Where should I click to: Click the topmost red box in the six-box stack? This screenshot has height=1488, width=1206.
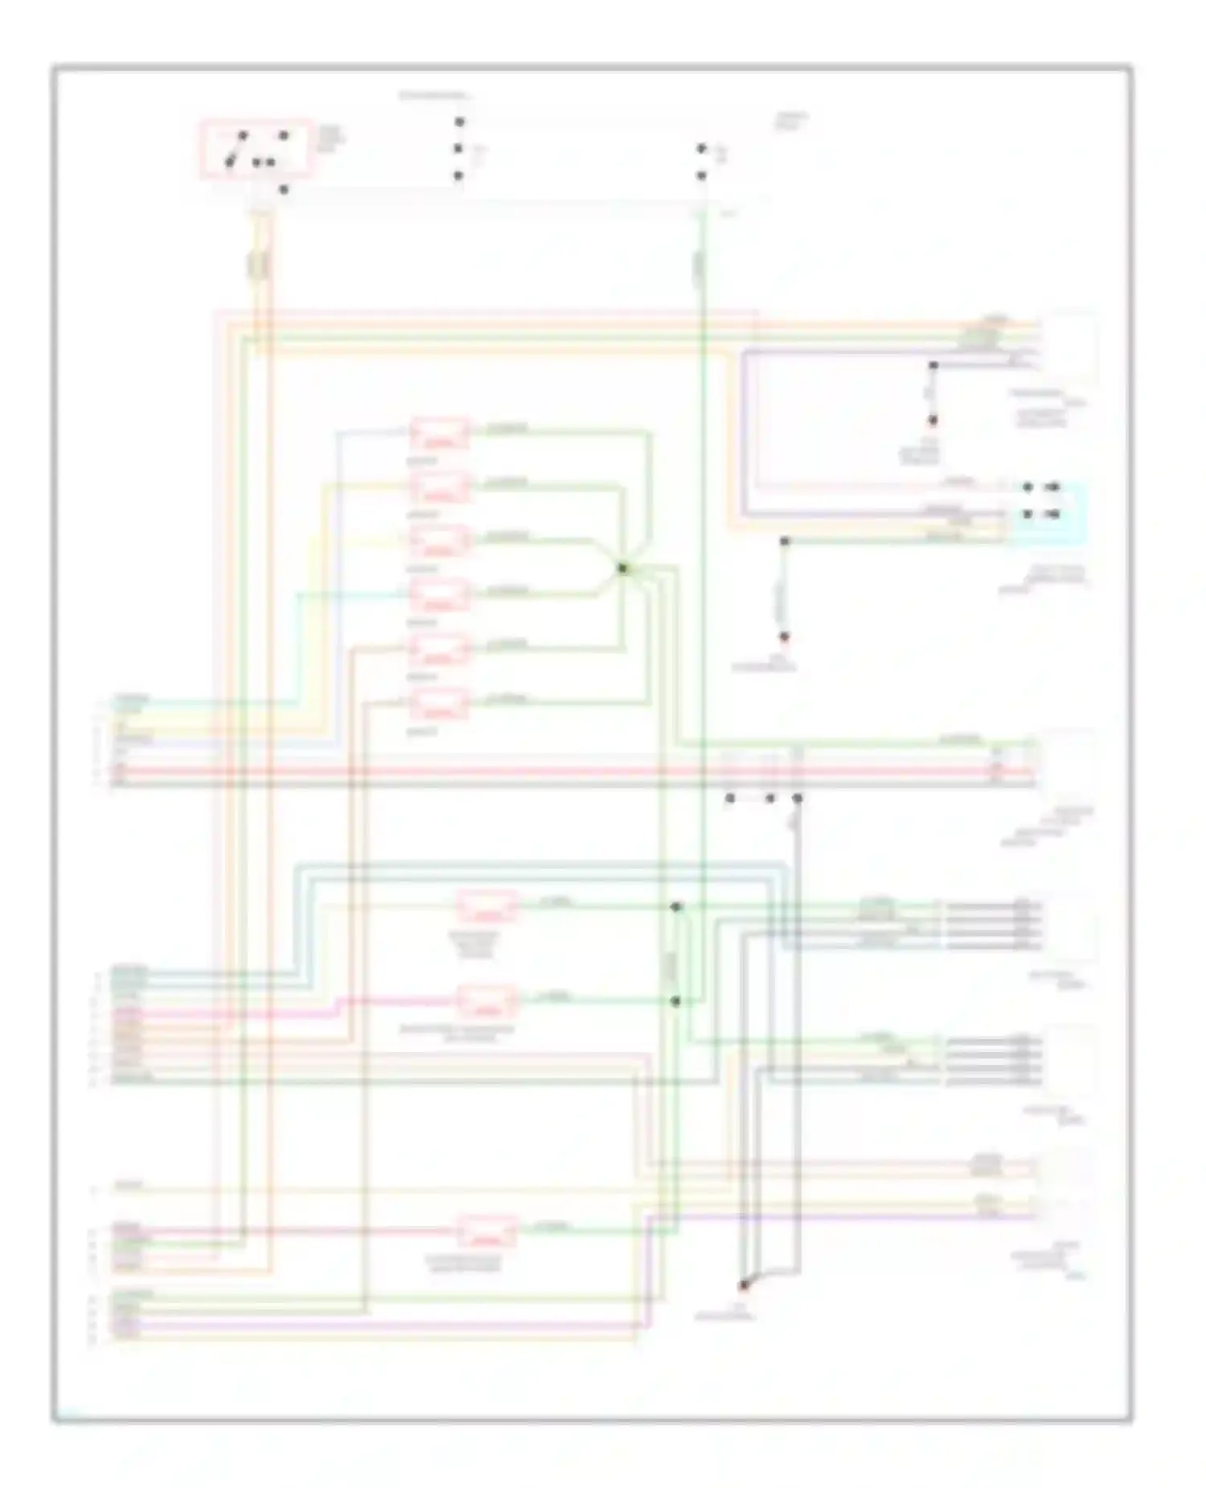click(x=440, y=434)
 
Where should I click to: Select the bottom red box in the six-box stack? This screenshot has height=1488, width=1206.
click(x=439, y=704)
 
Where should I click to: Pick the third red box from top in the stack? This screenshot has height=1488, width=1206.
click(x=439, y=541)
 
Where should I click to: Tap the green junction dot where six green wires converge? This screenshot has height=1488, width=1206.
click(x=622, y=569)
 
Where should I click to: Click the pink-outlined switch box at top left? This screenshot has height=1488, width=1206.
click(x=256, y=149)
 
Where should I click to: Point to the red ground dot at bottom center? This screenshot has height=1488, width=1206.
click(x=744, y=1285)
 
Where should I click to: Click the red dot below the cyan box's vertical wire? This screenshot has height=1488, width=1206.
click(x=784, y=636)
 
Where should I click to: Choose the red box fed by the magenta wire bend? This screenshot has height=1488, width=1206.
click(x=487, y=1001)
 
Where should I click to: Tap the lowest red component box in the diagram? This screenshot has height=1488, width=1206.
click(x=487, y=1231)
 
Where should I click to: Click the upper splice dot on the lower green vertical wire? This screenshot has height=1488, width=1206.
click(x=676, y=906)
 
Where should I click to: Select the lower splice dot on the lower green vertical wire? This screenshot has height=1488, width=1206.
click(x=676, y=1001)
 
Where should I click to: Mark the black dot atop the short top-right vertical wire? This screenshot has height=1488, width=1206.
click(x=933, y=365)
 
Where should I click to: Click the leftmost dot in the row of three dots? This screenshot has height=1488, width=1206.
click(x=730, y=799)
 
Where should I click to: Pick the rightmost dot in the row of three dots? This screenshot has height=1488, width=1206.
click(x=797, y=799)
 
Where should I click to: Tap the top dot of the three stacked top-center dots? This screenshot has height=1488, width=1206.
click(x=459, y=122)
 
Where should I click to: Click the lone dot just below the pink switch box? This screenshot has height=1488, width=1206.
click(x=283, y=190)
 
